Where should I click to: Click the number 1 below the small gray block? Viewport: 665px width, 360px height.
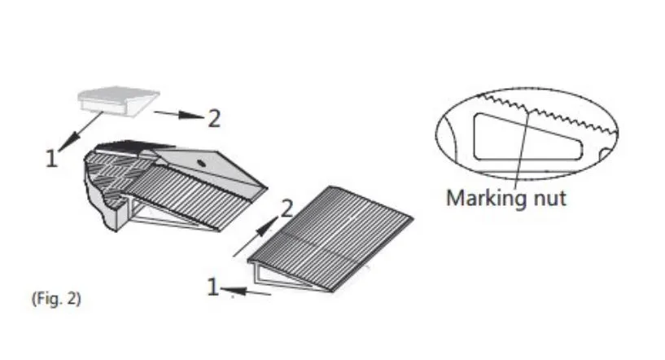click(51, 159)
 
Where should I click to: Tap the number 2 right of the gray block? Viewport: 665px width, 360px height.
click(214, 118)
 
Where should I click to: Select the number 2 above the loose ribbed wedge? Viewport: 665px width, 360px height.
click(287, 208)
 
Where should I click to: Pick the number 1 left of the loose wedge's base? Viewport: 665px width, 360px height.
click(213, 287)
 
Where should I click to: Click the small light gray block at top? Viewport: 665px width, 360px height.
click(118, 101)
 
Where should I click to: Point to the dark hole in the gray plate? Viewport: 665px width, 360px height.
click(201, 163)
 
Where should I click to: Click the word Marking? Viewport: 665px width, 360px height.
click(480, 199)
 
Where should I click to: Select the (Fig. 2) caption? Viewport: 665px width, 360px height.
click(56, 299)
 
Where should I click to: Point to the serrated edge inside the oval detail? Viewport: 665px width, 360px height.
click(547, 112)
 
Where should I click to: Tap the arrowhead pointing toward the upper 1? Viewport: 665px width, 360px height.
click(69, 141)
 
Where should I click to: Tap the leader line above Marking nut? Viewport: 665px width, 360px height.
click(522, 149)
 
